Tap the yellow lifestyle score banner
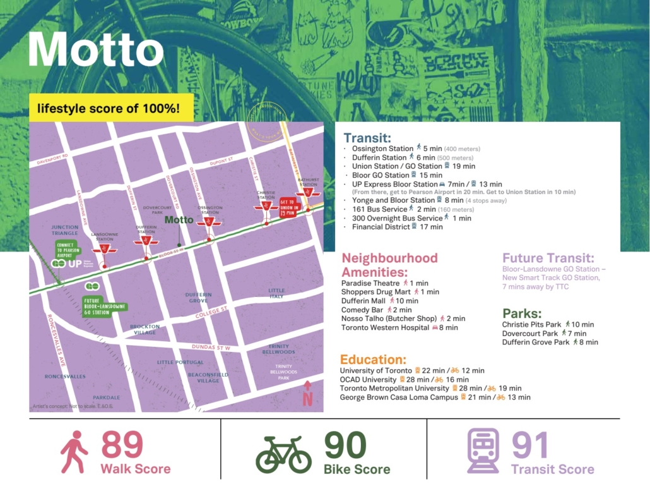pyautogui.click(x=108, y=108)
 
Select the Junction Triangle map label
pyautogui.click(x=66, y=230)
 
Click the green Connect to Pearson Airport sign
pyautogui.click(x=66, y=248)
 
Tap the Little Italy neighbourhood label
pyautogui.click(x=276, y=293)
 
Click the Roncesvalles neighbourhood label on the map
pyautogui.click(x=65, y=376)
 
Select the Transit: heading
pyautogui.click(x=367, y=138)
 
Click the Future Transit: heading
pyautogui.click(x=548, y=258)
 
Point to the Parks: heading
pyautogui.click(x=523, y=313)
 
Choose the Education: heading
pyautogui.click(x=373, y=359)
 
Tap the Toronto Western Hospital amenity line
pyautogui.click(x=399, y=328)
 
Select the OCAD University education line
pyautogui.click(x=403, y=379)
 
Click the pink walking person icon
pyautogui.click(x=74, y=452)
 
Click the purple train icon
pyautogui.click(x=483, y=451)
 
